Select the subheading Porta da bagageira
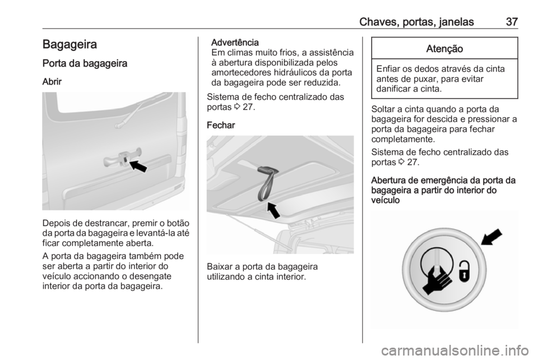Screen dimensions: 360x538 click(85, 64)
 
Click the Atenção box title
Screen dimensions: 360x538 click(443, 49)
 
